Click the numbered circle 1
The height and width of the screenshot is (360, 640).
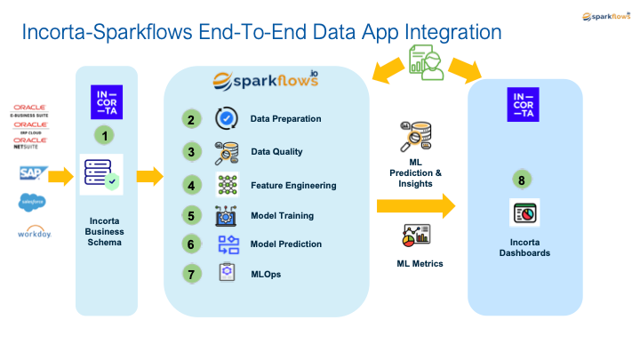tap(107, 136)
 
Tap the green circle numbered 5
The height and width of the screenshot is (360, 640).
tap(190, 215)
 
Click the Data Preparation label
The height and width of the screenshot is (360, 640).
tap(285, 119)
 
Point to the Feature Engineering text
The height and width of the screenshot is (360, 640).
tap(293, 185)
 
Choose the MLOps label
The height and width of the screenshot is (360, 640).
tap(266, 274)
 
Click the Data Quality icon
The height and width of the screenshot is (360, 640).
tap(227, 152)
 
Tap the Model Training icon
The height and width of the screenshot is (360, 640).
tap(227, 215)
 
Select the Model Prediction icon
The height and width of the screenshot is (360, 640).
tap(227, 244)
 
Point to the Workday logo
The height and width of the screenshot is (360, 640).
tap(32, 233)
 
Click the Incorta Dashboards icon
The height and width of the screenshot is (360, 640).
tap(524, 213)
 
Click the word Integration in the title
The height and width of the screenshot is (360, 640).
tap(440, 34)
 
